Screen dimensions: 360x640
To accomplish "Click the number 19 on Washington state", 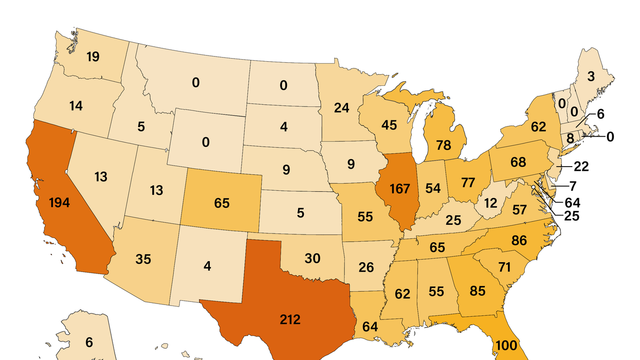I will (x=93, y=57).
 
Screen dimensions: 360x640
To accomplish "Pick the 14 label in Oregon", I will (x=76, y=106).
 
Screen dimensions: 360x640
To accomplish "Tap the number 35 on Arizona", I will (x=143, y=259).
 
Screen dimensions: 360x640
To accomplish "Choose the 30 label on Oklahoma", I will (x=313, y=258).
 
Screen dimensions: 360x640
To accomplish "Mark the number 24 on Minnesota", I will (x=341, y=108).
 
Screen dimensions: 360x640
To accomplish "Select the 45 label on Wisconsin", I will (x=390, y=125).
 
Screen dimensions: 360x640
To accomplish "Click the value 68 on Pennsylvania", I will (x=518, y=163).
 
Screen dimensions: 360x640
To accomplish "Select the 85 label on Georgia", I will (x=478, y=291).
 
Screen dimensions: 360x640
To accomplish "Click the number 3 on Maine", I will (x=591, y=77).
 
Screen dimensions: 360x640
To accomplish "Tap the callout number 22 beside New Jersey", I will (x=581, y=166).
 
